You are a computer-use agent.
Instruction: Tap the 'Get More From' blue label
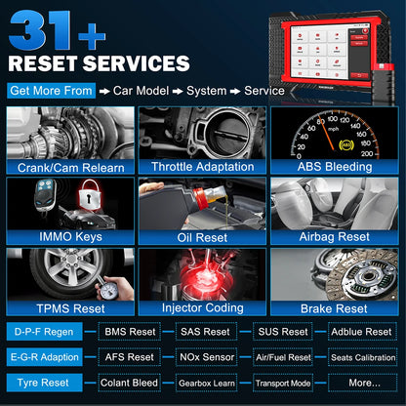[51, 91]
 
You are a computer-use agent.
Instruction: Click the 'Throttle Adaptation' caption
[202, 166]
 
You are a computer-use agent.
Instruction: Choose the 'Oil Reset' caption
[202, 236]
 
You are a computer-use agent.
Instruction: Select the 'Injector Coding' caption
[202, 307]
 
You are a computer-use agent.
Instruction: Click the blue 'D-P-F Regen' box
[44, 332]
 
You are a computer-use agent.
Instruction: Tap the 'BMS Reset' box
[129, 332]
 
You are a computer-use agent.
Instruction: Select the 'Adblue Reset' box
[363, 332]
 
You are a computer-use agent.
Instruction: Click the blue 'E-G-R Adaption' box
[44, 357]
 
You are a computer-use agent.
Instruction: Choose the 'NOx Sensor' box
[208, 357]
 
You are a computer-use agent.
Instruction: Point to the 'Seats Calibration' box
[363, 357]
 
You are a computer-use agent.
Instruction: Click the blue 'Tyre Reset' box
[44, 382]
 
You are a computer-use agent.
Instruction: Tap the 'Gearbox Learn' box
[208, 382]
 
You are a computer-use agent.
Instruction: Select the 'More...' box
[363, 382]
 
